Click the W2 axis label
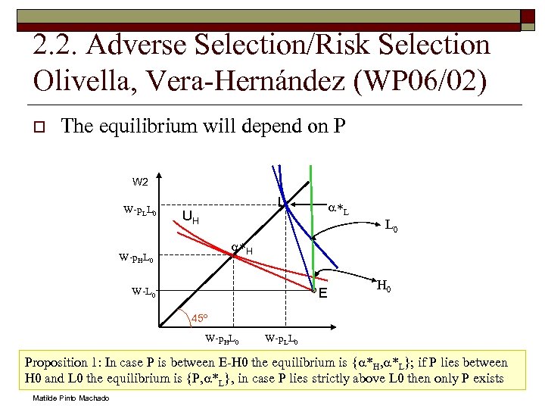[x=140, y=182]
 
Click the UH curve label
[x=191, y=218]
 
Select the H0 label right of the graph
[x=384, y=286]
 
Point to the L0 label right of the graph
[x=393, y=225]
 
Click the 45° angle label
[x=200, y=317]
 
